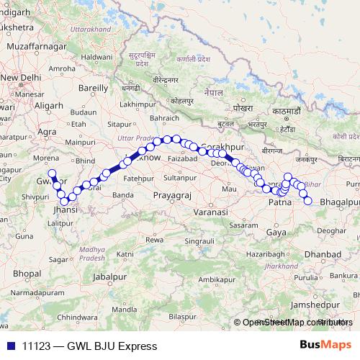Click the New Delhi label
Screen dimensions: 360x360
point(22,76)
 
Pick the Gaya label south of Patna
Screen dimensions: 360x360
point(275,233)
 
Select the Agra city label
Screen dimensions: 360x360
point(47,132)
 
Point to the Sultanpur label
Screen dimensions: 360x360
point(179,176)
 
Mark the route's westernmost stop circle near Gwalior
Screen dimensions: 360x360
point(51,174)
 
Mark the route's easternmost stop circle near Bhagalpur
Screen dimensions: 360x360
point(307,201)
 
